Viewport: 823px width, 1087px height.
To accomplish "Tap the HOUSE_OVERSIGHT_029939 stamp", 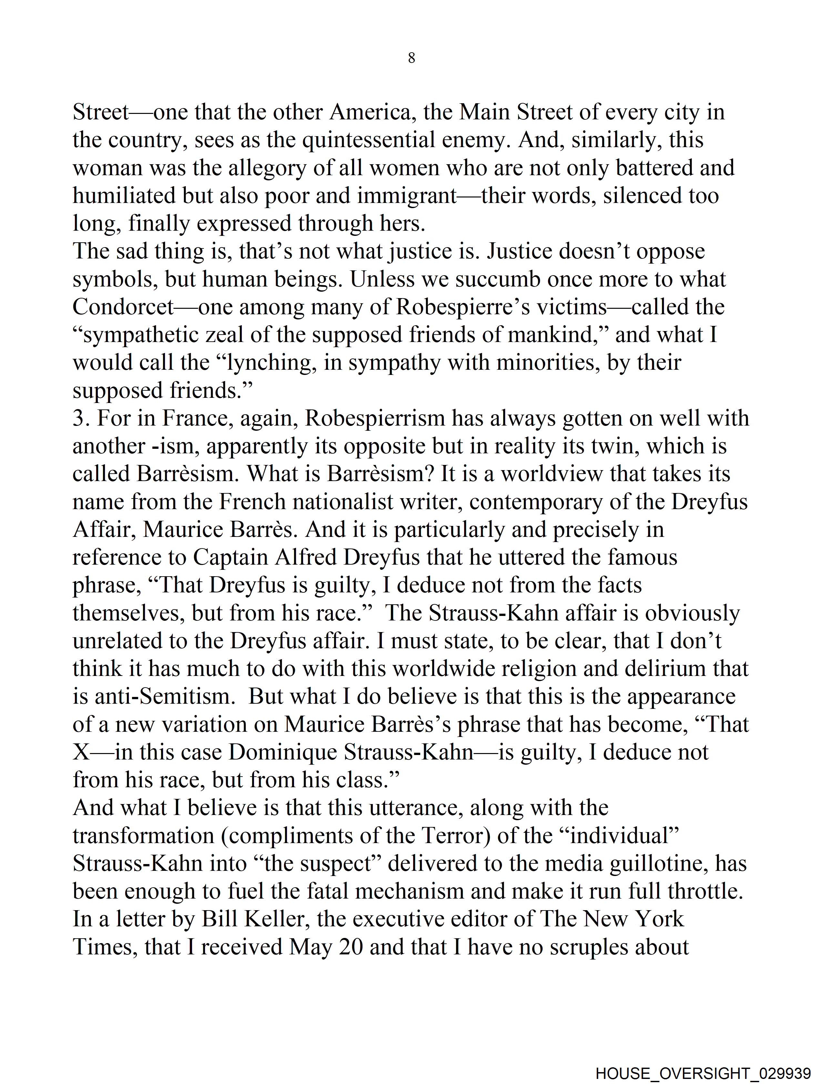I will click(x=703, y=1073).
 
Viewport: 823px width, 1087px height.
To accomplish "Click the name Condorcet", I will click(x=123, y=307).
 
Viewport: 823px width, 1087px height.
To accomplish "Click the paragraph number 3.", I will click(x=79, y=418).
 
